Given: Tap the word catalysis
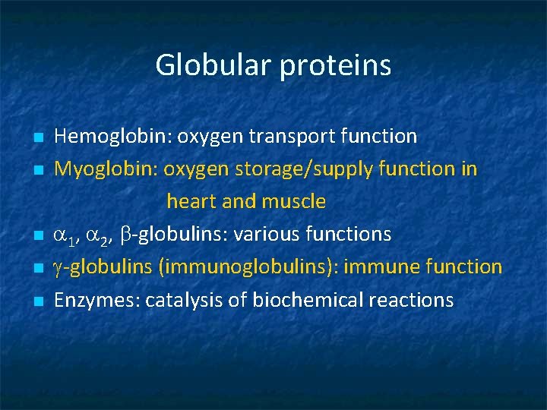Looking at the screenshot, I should (182, 301).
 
